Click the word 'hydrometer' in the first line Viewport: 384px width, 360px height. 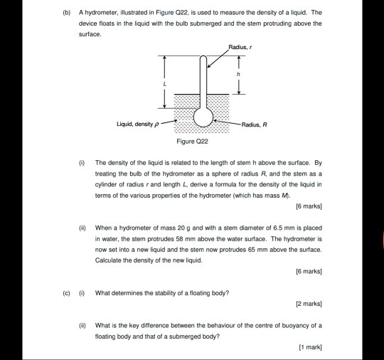coord(99,13)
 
